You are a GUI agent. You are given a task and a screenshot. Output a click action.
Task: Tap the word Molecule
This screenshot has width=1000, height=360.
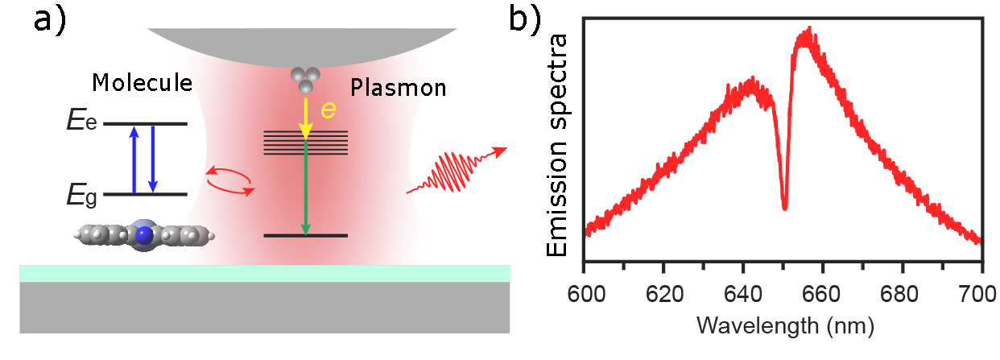click(142, 83)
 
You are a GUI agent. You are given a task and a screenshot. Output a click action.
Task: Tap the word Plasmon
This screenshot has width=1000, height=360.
click(399, 87)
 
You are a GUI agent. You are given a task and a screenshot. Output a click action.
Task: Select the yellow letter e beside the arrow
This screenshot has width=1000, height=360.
click(329, 110)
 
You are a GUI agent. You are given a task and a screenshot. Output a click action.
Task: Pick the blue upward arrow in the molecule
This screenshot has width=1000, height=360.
click(134, 159)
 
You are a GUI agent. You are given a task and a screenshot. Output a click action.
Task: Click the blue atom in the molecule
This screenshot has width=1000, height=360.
click(144, 235)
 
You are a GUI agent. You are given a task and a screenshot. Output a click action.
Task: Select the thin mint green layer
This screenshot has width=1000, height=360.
click(265, 274)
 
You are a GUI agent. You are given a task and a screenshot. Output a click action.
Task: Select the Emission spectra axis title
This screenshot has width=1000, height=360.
click(558, 145)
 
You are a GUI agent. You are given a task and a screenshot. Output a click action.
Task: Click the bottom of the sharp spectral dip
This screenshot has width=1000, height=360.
click(784, 209)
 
